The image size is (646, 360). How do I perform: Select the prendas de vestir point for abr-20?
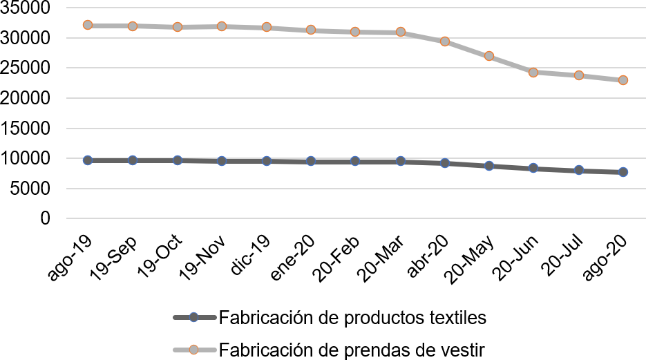coord(445,41)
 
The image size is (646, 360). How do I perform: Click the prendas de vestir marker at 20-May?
coord(489,56)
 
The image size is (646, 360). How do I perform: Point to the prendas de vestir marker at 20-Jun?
coord(533,72)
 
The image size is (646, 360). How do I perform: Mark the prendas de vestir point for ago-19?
coord(88,25)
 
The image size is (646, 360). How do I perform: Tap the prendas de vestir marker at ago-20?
coord(623,80)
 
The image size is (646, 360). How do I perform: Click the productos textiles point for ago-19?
coord(88,160)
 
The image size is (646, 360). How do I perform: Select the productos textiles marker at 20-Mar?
coord(400,161)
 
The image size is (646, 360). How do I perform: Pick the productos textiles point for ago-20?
coord(623,172)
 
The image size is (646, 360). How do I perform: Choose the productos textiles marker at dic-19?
coord(267,161)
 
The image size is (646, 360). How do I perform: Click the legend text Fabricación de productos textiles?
coord(352,318)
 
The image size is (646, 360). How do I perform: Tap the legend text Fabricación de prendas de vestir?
coord(352,350)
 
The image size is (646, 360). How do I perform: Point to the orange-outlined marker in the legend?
coord(194,350)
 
